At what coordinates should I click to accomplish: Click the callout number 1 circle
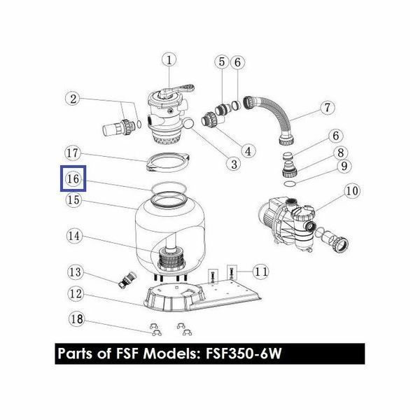169,60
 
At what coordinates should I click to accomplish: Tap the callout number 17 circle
73,153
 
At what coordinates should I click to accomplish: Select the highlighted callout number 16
73,178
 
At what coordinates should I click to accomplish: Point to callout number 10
352,191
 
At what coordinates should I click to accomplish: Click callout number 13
76,272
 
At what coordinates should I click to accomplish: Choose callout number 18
76,319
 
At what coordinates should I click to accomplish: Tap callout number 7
328,108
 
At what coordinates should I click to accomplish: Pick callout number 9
344,166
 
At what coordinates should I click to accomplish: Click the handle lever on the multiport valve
177,90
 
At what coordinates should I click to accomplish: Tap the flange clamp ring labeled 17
168,162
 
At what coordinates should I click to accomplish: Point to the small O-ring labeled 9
289,183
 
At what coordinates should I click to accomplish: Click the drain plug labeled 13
127,280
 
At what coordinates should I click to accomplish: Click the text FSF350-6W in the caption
244,353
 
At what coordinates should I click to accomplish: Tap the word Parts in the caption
76,353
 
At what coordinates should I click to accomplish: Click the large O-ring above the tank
168,188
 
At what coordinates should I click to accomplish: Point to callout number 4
248,151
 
